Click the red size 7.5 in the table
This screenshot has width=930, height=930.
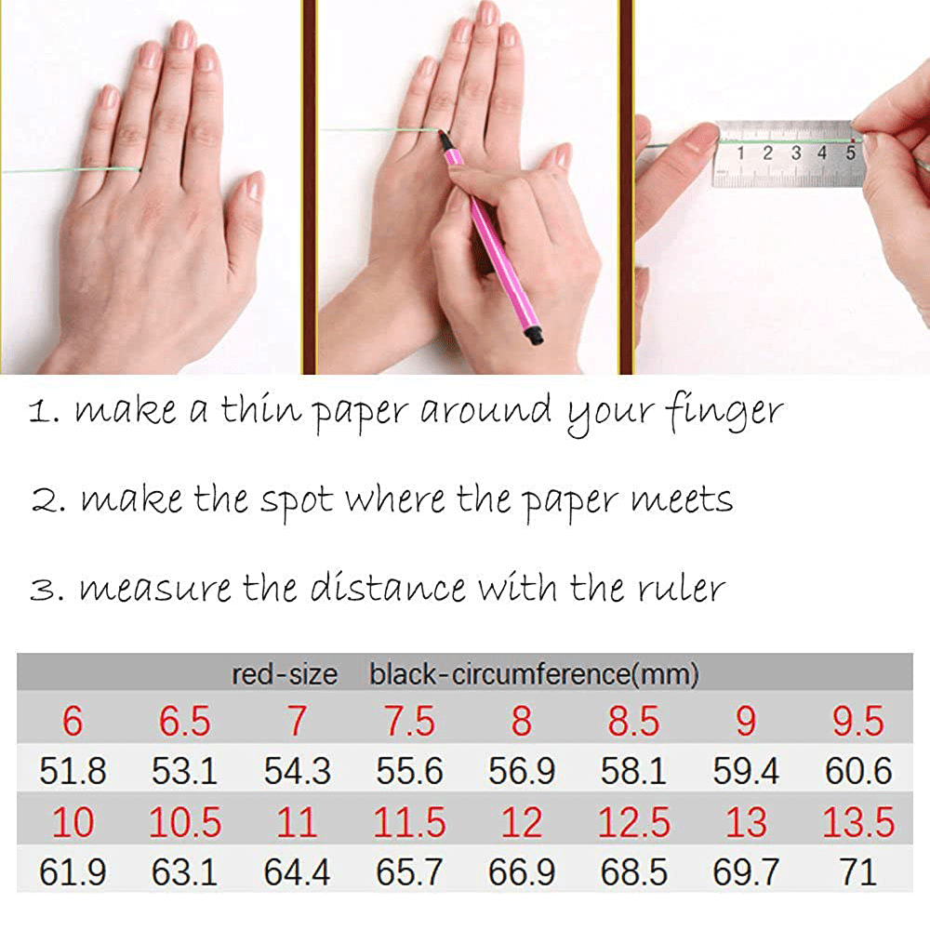point(410,722)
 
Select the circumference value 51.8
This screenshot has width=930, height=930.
point(73,771)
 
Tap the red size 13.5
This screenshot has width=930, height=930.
point(858,822)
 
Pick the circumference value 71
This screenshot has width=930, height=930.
point(858,872)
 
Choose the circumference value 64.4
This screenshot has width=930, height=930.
point(298,872)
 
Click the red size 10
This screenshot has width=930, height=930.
point(73,822)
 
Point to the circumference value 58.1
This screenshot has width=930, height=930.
point(633,771)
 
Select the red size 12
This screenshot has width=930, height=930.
point(522,822)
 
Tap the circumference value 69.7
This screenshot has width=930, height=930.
point(746,872)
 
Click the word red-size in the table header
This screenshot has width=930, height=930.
point(284,674)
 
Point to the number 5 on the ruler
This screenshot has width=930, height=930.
point(851,153)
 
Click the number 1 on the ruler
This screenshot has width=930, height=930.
point(740,153)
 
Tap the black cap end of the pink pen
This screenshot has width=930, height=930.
point(536,336)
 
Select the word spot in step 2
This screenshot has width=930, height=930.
point(297,502)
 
